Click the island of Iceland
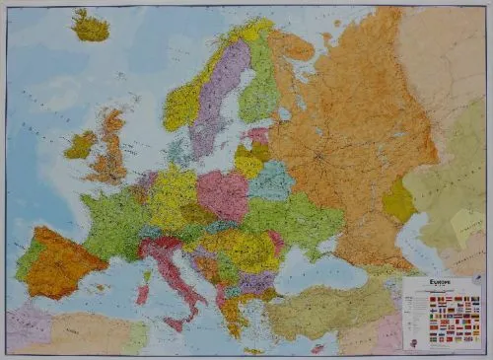pyautogui.click(x=91, y=27)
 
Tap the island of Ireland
pyautogui.click(x=80, y=145)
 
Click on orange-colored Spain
pyautogui.click(x=61, y=258)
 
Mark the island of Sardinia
pyautogui.click(x=142, y=293)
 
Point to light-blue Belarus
pyautogui.click(x=271, y=181)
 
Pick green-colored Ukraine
pyautogui.click(x=296, y=222)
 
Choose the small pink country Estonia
pyautogui.click(x=258, y=136)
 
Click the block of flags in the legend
pyautogui.click(x=442, y=325)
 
